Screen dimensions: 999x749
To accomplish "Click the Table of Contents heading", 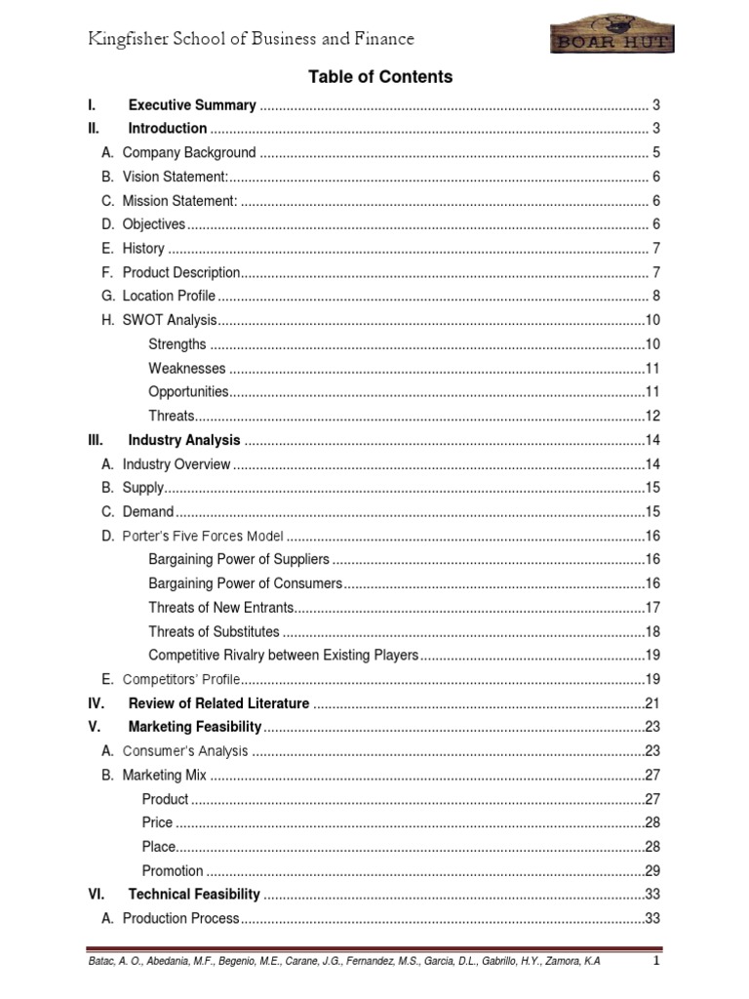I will click(x=380, y=77).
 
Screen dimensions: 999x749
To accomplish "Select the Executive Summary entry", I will click(x=192, y=105).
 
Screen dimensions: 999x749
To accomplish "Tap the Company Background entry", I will click(x=189, y=152).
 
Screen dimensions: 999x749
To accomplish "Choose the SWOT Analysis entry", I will click(x=168, y=320).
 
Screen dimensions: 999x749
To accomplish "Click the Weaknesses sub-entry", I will click(x=187, y=368).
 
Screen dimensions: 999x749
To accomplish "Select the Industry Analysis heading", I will click(x=184, y=440).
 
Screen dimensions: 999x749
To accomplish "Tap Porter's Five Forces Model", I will click(x=203, y=536).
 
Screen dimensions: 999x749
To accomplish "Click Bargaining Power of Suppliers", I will click(x=239, y=559).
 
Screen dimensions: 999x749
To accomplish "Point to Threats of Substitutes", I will click(x=214, y=631).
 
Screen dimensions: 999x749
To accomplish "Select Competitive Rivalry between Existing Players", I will click(x=283, y=655).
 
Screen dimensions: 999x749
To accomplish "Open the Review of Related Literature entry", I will click(x=218, y=703).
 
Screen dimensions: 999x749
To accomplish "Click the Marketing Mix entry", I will click(x=165, y=776).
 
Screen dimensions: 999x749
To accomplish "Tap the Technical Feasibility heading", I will click(x=194, y=895).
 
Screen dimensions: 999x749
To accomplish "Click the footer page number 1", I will click(x=657, y=961).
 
